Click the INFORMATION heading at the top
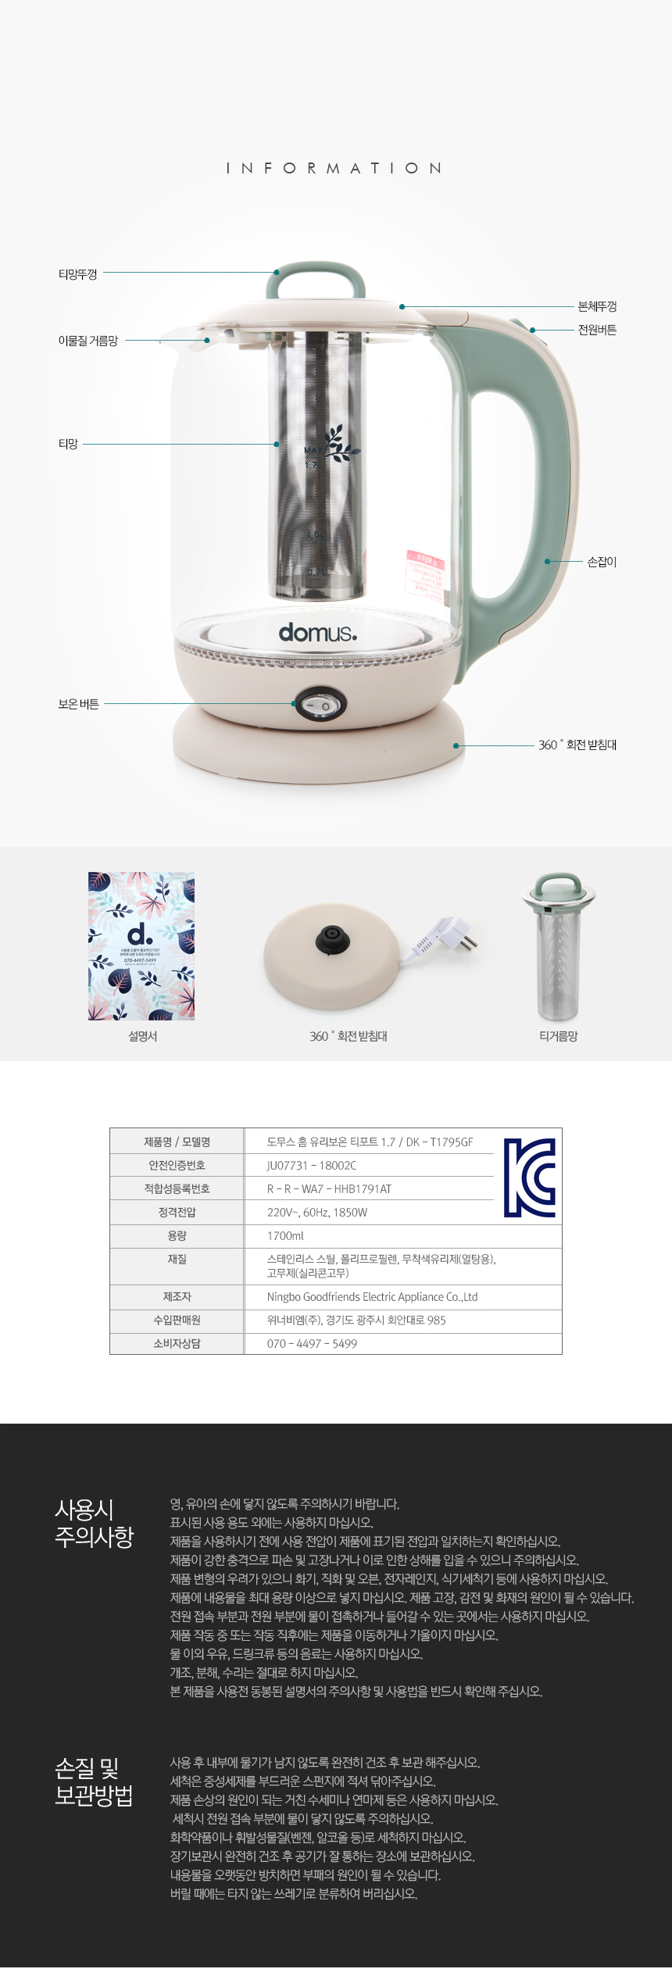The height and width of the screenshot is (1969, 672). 334,168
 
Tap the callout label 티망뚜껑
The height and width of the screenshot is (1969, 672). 78,274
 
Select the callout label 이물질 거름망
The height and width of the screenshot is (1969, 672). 88,341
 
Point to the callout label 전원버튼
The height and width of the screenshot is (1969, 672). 597,330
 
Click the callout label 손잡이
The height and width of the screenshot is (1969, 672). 602,562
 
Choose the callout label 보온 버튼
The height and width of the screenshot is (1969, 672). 78,704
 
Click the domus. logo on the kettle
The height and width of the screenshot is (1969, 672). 318,632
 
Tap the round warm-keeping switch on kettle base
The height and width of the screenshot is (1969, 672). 319,705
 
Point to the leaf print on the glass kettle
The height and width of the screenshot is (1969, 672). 341,443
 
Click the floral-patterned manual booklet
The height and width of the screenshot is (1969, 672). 141,945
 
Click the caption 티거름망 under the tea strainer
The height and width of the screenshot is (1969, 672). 558,1036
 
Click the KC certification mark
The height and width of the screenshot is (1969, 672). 529,1177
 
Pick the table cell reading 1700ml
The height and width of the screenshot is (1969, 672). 286,1235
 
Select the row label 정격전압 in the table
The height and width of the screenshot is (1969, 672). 177,1212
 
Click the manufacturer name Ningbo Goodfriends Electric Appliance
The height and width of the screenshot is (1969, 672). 372,1296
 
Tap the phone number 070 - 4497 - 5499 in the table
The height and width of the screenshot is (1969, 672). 312,1343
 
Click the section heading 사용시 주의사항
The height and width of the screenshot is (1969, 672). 94,1523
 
